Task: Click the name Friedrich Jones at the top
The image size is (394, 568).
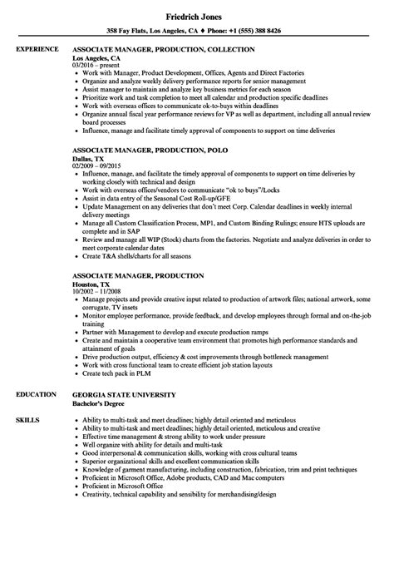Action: coord(197,9)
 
